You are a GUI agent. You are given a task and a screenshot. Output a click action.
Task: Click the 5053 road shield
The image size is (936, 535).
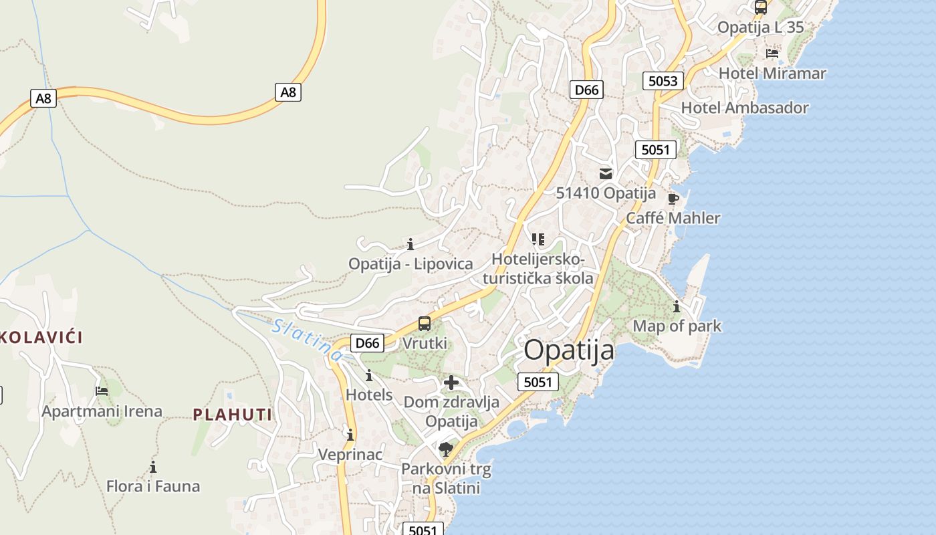click(663, 81)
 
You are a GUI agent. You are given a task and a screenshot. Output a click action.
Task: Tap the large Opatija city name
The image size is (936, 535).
click(568, 350)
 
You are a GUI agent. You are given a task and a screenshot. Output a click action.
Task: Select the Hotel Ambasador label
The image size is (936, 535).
click(744, 108)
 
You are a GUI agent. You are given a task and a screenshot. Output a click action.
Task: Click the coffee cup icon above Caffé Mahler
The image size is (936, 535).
click(673, 199)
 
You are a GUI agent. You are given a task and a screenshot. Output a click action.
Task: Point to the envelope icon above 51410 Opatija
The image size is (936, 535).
click(606, 174)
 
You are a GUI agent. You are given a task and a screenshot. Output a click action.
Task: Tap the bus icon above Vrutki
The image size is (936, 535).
click(425, 324)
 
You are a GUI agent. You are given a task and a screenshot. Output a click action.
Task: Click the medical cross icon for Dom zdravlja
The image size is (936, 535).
click(451, 383)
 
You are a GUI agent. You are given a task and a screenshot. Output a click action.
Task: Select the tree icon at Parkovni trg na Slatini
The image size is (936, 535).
click(446, 449)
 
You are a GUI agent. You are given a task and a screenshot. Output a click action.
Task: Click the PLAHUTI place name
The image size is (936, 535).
click(233, 415)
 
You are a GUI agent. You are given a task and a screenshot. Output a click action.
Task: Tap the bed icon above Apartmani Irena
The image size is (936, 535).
click(102, 391)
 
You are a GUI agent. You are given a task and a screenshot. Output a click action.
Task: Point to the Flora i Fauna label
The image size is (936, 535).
click(153, 486)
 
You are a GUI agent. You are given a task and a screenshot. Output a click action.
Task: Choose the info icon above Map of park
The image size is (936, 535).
click(677, 307)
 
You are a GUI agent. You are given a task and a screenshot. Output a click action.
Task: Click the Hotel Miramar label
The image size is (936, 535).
click(772, 73)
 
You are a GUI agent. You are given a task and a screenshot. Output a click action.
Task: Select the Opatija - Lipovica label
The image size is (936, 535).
click(411, 263)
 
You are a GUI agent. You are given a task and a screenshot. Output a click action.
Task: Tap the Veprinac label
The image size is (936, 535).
click(350, 455)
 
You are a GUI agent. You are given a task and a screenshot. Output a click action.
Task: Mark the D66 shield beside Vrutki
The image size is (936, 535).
click(367, 343)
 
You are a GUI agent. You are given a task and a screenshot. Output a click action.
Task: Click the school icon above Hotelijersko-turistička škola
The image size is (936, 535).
click(538, 239)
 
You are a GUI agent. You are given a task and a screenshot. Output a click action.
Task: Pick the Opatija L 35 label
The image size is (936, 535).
click(760, 27)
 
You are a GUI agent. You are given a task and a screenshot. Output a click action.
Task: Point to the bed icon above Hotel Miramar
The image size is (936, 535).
click(772, 53)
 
